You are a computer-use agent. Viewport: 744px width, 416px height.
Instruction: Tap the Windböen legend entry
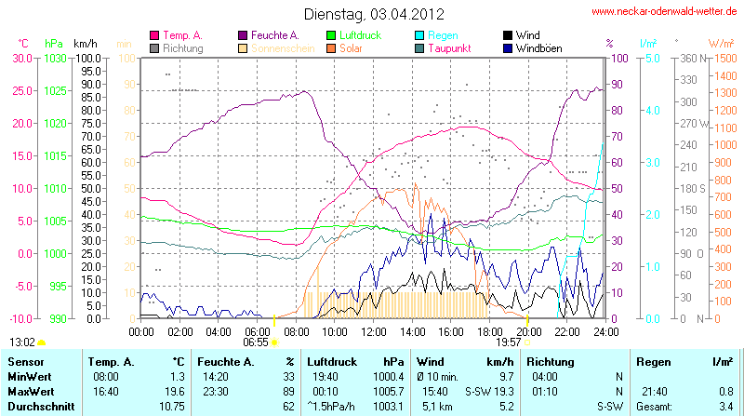[x=538, y=47]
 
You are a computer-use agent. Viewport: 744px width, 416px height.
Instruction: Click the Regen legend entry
[x=444, y=35]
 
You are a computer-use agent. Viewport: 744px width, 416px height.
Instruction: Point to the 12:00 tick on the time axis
[x=373, y=331]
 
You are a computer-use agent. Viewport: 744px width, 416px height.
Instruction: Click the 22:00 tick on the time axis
[x=566, y=331]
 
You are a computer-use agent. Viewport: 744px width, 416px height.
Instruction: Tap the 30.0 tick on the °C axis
[x=20, y=58]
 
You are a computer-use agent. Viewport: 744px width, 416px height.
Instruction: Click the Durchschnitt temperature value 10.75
[x=170, y=407]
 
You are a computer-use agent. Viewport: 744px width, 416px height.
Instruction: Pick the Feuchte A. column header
[x=225, y=360]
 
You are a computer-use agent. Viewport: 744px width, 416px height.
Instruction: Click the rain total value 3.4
[x=725, y=407]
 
